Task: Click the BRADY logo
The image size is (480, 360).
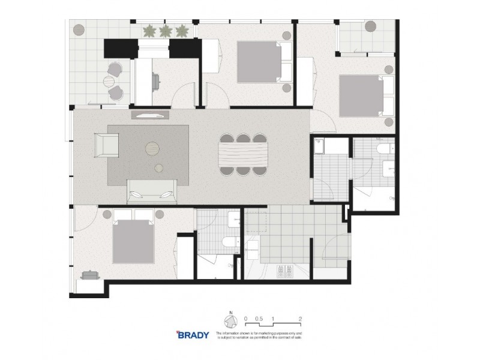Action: pyautogui.click(x=192, y=335)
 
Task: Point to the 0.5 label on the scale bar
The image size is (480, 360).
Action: pyautogui.click(x=259, y=319)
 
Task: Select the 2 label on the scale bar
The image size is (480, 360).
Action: pyautogui.click(x=299, y=319)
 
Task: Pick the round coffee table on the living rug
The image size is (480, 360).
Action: pyautogui.click(x=153, y=146)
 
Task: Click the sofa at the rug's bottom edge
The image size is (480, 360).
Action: pyautogui.click(x=152, y=192)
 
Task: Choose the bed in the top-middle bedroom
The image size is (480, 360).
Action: pyautogui.click(x=259, y=62)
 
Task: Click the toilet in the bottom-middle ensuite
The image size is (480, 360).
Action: pyautogui.click(x=229, y=242)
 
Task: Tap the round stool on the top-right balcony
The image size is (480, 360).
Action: pyautogui.click(x=371, y=26)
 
